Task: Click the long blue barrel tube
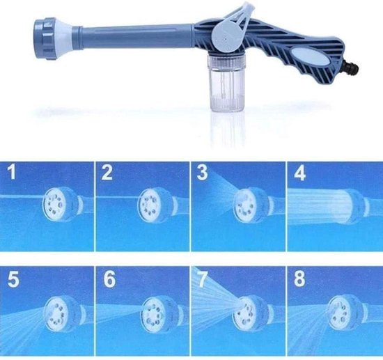click(137, 37)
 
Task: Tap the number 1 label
click(12, 172)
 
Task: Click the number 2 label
click(107, 172)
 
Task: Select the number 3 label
click(202, 172)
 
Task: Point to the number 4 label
click(299, 173)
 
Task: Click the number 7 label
click(203, 279)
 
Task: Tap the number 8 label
click(299, 279)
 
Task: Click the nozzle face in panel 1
click(55, 205)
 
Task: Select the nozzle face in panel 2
click(149, 205)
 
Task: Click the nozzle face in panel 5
click(56, 313)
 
